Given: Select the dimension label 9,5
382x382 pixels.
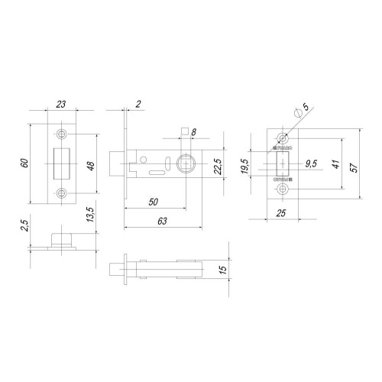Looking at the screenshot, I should (x=311, y=163).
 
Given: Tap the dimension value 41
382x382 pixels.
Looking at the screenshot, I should (x=335, y=164).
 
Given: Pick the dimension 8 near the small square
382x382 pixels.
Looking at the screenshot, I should (x=194, y=133).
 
